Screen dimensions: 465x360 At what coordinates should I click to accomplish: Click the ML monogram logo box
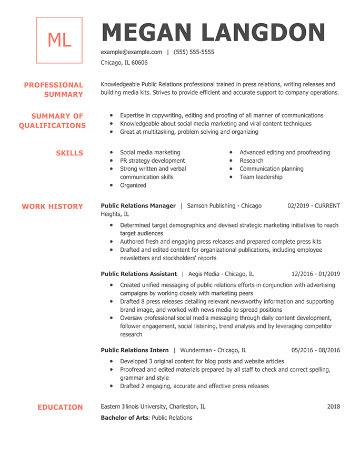tap(59, 41)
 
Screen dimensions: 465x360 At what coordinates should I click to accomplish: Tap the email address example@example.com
tap(132, 52)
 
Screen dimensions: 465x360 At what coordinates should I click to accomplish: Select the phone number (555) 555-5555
tap(194, 52)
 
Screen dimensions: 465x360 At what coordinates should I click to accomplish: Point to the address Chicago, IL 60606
tap(124, 63)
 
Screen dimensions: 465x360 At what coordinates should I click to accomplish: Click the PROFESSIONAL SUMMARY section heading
tap(54, 90)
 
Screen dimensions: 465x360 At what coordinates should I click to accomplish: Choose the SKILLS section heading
tap(69, 153)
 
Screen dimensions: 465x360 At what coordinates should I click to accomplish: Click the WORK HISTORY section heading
tap(52, 206)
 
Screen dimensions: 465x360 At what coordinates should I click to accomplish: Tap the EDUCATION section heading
tap(60, 407)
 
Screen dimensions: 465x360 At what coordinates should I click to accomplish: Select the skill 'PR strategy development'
tap(152, 161)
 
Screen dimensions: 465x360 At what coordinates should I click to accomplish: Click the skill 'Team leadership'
tap(261, 177)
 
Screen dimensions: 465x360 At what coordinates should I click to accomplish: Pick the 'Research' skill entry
tap(251, 161)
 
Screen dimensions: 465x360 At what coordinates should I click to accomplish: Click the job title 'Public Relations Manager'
tap(138, 206)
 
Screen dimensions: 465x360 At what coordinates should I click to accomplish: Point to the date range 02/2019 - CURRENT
tap(314, 206)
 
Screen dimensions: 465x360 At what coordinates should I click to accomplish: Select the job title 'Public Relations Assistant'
tap(138, 274)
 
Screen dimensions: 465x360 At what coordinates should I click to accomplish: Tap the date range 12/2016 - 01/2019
tap(316, 274)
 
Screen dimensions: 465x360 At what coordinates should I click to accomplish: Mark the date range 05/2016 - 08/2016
tap(316, 350)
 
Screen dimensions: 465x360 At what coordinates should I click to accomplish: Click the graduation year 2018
tap(333, 407)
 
